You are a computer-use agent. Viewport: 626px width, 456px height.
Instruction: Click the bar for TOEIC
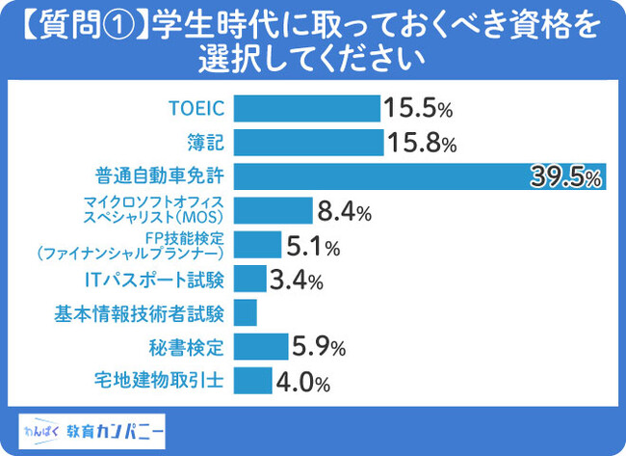pos(306,108)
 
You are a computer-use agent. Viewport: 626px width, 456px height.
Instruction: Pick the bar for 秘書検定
pos(260,345)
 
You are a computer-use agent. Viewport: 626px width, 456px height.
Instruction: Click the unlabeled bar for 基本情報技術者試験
pos(245,312)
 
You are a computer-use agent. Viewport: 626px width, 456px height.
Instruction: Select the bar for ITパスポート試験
pos(249,280)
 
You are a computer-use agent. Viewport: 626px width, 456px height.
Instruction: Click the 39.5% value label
pos(566,177)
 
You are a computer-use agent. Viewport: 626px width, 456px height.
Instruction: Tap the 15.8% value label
pos(421,144)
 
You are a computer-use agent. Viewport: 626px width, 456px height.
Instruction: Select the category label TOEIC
pos(196,108)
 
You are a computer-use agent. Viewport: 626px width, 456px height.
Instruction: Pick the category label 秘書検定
pos(192,345)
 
